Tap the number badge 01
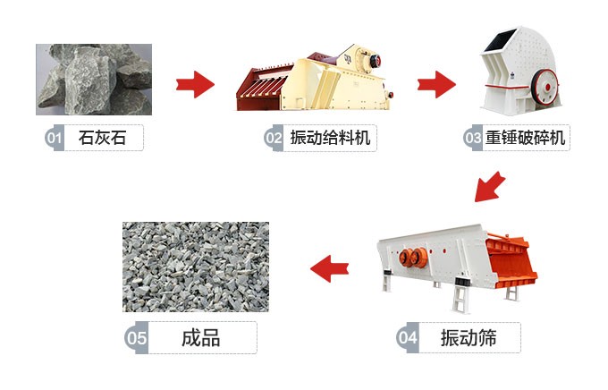[53, 139]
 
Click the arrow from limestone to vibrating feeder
[195, 85]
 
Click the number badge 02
[273, 139]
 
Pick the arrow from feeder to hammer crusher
[437, 85]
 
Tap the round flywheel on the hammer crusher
[546, 89]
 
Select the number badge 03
[472, 139]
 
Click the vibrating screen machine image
[456, 259]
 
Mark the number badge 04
[407, 338]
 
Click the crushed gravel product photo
[195, 266]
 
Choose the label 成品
[200, 338]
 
